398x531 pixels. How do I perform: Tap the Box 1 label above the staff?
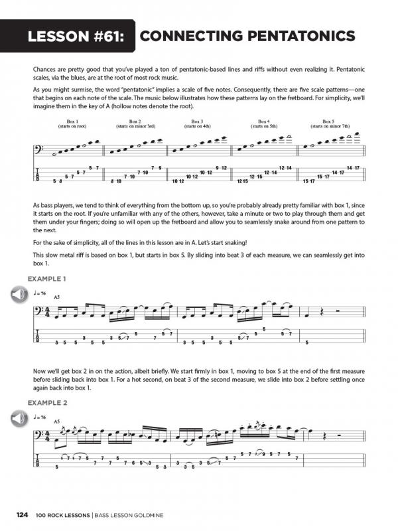tap(72, 121)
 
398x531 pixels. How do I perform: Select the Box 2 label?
tap(135, 121)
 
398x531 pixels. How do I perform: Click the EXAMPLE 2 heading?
tap(52, 402)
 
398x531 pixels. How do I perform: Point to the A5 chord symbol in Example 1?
tap(57, 297)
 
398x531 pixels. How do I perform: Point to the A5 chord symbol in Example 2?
tap(57, 421)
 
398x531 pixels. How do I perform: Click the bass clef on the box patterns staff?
tap(39, 151)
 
